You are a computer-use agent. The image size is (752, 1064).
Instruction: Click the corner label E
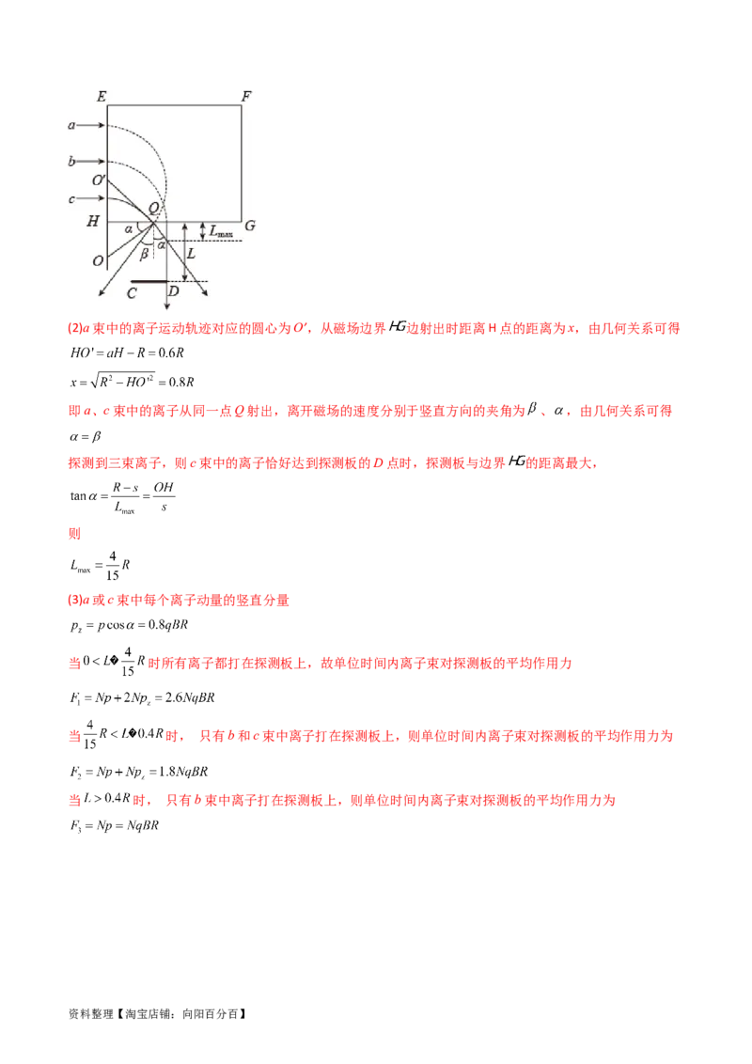[x=100, y=96]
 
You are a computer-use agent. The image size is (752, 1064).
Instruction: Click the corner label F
[x=246, y=96]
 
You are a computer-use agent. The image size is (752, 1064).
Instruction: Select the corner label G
[x=249, y=226]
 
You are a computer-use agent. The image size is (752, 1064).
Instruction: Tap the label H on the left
[x=92, y=222]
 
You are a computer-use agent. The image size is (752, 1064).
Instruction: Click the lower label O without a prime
[x=98, y=260]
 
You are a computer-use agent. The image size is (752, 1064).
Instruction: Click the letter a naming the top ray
[x=71, y=124]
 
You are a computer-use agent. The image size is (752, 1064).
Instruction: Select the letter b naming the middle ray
[x=71, y=162]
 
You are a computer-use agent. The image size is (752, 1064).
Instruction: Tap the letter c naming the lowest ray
[x=71, y=198]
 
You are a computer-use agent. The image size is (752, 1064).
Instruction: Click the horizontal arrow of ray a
[x=92, y=124]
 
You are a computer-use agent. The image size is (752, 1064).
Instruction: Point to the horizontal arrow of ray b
[x=92, y=162]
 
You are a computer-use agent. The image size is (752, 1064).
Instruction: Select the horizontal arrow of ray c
[x=92, y=198]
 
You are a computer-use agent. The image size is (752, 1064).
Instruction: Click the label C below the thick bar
[x=133, y=293]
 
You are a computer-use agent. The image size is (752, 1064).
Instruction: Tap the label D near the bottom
[x=172, y=293]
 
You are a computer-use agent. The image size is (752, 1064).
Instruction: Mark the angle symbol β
[x=144, y=253]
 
